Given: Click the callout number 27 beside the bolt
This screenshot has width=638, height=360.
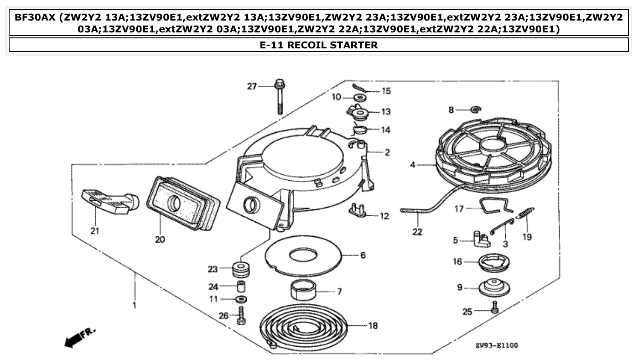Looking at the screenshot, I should coord(252,86).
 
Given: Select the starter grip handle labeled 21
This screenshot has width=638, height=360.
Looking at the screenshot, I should coord(110,201).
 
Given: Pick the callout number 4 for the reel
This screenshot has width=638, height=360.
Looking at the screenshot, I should coord(412,165).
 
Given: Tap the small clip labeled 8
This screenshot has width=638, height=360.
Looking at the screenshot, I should coord(475,110).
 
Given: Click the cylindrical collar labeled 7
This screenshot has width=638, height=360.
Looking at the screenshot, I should coord(303,290).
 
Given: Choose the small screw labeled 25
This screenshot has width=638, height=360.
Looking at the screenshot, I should coord(495,310).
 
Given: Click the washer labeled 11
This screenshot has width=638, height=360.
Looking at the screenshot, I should coord(240,299).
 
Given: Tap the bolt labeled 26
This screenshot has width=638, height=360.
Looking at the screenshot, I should coord(241,315).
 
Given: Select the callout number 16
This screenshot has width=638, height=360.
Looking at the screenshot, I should coord(457,261).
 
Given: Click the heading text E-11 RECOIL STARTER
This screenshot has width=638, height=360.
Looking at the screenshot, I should coord(318,45).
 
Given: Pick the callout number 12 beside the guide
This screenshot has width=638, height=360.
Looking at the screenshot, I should coord(384,216).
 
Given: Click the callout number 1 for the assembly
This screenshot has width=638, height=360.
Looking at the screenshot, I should coord(134,306).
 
